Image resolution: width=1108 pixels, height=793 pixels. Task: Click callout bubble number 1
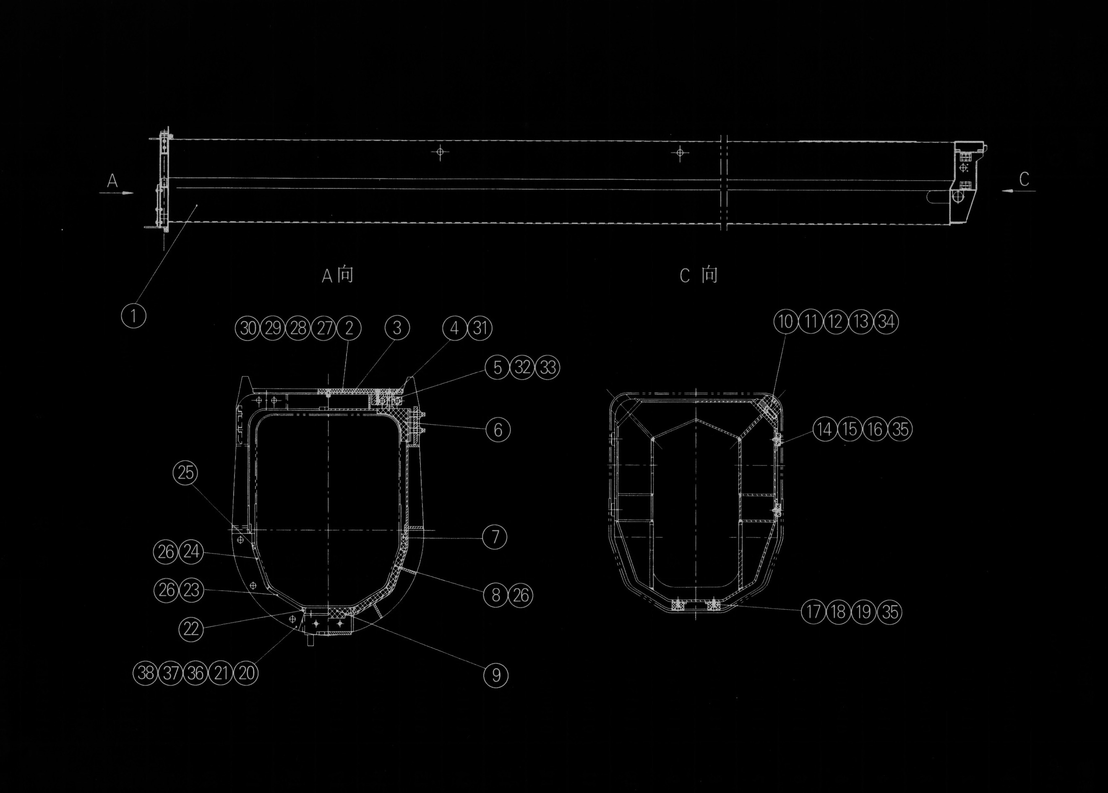133,315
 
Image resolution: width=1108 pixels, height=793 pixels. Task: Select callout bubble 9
496,675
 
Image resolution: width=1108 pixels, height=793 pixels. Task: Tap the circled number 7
494,537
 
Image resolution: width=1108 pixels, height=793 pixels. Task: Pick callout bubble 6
498,430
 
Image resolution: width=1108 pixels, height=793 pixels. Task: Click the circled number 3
397,328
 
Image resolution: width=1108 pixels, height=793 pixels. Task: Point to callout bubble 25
185,473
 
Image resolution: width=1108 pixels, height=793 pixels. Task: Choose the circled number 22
191,629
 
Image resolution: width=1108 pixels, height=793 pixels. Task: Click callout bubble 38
146,673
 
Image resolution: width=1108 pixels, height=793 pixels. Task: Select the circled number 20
246,673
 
